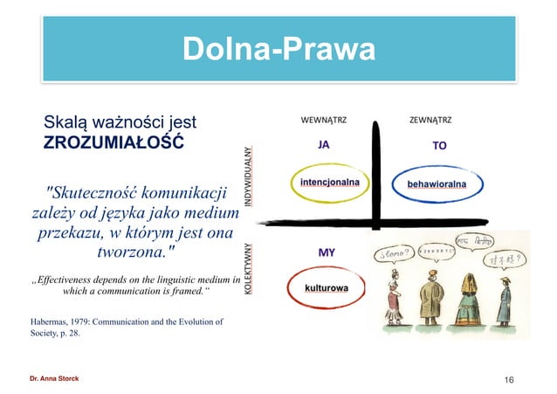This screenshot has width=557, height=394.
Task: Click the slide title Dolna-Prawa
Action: (278, 49)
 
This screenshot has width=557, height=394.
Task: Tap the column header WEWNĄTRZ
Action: (324, 119)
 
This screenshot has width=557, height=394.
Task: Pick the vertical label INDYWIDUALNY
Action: (249, 176)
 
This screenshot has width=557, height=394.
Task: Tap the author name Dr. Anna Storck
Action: (53, 378)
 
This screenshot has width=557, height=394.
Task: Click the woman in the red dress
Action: (393, 296)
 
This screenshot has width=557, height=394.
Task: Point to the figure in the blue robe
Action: (504, 297)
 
